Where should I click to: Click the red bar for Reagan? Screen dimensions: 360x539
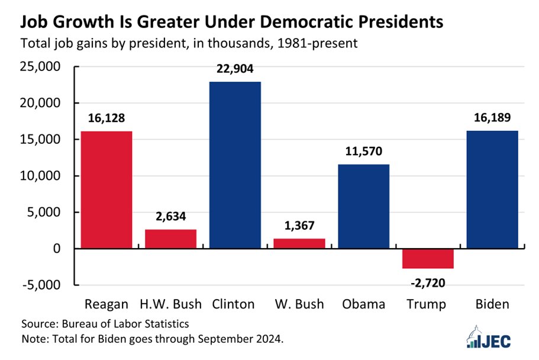pyautogui.click(x=106, y=189)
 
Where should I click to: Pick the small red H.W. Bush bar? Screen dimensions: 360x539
pyautogui.click(x=170, y=239)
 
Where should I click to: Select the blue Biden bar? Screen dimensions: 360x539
pyautogui.click(x=492, y=189)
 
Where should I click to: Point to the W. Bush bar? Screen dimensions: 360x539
pyautogui.click(x=299, y=243)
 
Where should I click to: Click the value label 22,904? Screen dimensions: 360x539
pyautogui.click(x=235, y=69)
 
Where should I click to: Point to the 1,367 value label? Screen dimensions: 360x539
pyautogui.click(x=299, y=226)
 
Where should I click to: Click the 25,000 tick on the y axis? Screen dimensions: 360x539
pyautogui.click(x=43, y=67)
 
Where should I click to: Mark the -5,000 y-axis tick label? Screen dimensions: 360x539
pyautogui.click(x=45, y=285)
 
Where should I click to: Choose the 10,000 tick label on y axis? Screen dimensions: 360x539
pyautogui.click(x=43, y=176)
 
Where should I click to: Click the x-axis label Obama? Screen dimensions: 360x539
pyautogui.click(x=363, y=304)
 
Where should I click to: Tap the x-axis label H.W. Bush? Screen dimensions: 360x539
pyautogui.click(x=170, y=304)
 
